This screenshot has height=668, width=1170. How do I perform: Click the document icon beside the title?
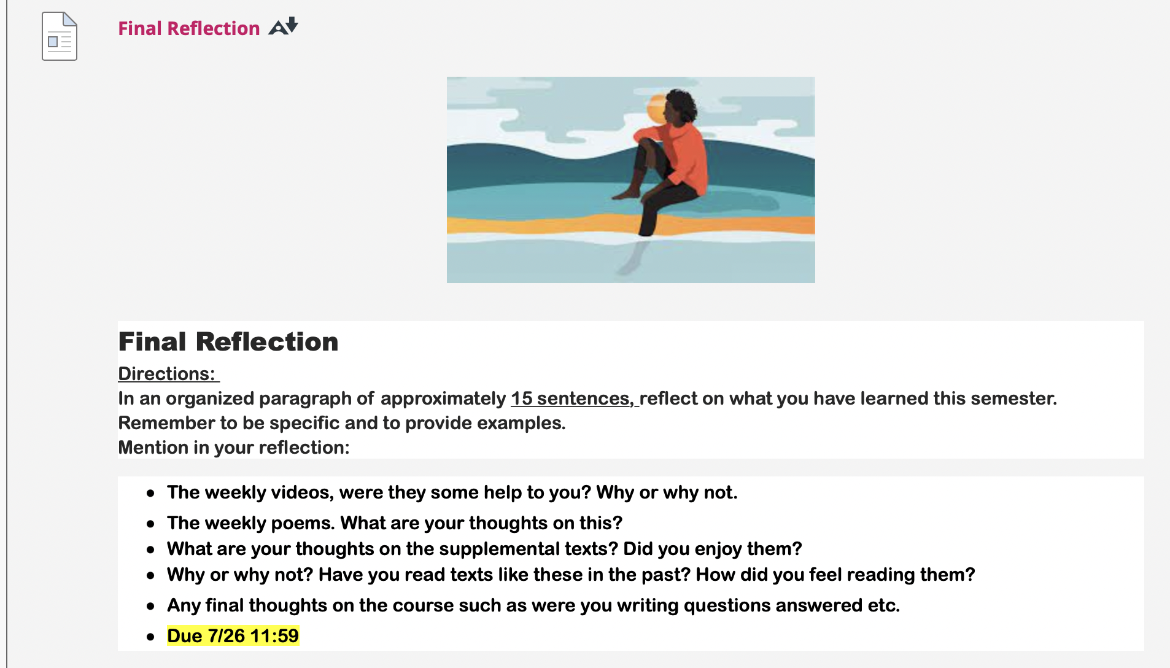tap(60, 36)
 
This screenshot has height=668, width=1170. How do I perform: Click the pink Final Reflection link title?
tap(189, 28)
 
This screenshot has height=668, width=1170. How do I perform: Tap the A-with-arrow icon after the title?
tap(283, 26)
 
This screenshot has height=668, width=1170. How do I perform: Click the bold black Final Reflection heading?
tap(228, 341)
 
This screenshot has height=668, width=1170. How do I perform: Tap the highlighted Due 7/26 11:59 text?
tap(233, 635)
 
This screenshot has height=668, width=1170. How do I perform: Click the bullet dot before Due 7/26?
tap(150, 637)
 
